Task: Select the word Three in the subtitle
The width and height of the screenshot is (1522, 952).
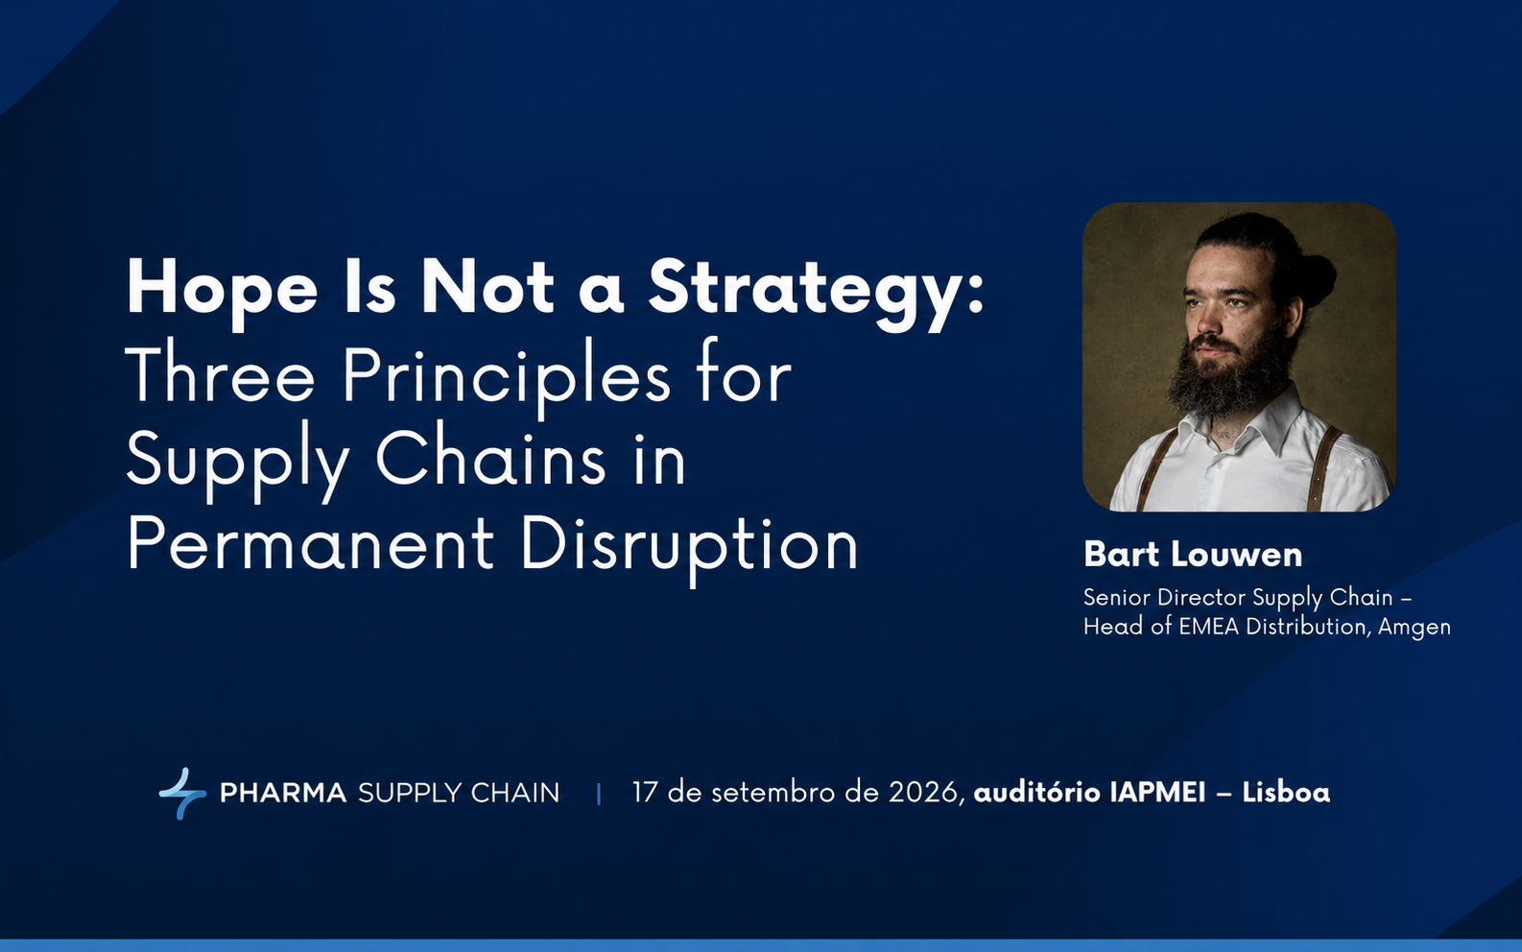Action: [220, 375]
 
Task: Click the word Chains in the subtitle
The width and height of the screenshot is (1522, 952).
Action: [489, 459]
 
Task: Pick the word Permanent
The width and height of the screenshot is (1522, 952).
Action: [310, 543]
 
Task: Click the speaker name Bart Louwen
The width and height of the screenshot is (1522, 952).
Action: [1193, 554]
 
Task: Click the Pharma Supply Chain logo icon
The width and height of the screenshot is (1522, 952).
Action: [182, 793]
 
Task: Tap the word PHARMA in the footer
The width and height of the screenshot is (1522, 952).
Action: [283, 793]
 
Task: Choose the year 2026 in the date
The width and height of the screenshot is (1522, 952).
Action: [924, 793]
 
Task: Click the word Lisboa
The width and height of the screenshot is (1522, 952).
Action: [1286, 793]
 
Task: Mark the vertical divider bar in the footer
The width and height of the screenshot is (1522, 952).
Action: [599, 794]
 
